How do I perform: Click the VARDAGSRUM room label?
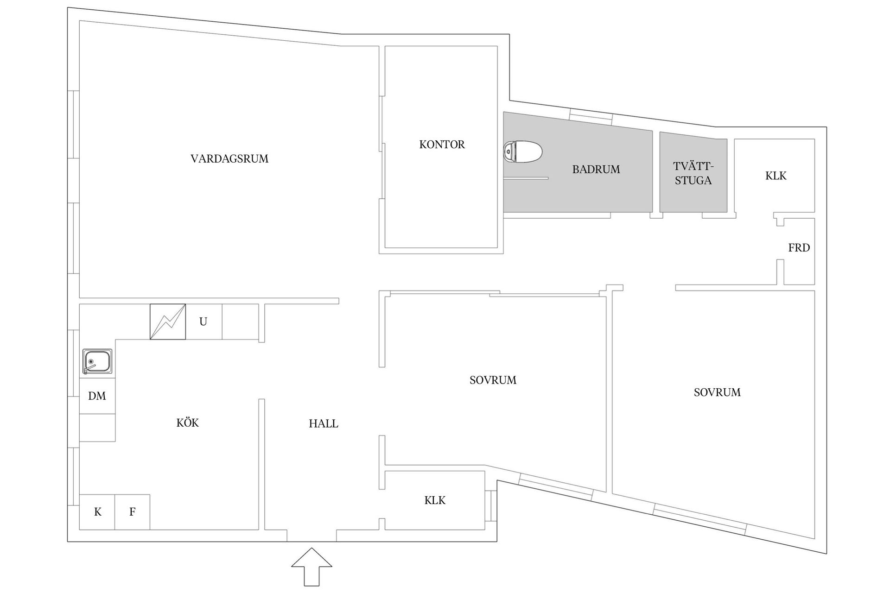point(229,159)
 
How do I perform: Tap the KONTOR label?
point(442,145)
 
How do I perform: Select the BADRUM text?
point(596,170)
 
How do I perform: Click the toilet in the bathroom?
point(523,151)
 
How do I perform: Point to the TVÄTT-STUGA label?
point(693,173)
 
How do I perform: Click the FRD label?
point(799,248)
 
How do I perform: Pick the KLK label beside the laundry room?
point(776,176)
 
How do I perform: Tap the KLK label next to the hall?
point(435,500)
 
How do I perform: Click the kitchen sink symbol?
point(97,361)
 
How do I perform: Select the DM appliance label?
point(97,396)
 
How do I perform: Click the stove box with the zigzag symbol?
point(168,322)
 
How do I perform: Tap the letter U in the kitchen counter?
point(203,322)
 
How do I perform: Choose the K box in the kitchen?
point(97,512)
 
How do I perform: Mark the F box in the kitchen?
point(132,512)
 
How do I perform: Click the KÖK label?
point(187,423)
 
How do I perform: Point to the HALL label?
point(324,424)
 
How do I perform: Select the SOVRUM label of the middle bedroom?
point(493,380)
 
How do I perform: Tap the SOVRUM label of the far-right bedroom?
point(717,392)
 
